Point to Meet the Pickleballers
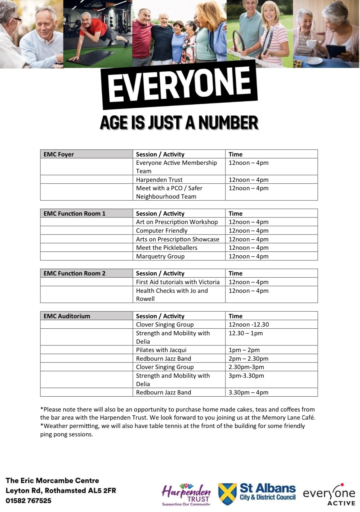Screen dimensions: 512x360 167,248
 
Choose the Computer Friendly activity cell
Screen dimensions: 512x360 162,231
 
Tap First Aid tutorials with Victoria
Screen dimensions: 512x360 178,282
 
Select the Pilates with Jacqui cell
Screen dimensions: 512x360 161,350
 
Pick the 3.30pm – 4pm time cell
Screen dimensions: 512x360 248,392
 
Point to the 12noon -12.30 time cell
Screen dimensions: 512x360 249,324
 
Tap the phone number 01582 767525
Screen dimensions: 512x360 28,501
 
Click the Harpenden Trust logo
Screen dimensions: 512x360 186,494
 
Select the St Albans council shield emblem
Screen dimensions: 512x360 227,494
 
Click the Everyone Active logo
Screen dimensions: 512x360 329,494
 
